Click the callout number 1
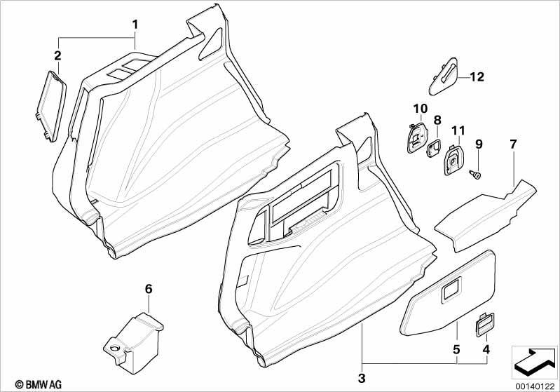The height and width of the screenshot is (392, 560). [x=135, y=25]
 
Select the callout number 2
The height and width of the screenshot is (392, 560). [x=57, y=55]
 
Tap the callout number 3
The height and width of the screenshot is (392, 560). [x=362, y=379]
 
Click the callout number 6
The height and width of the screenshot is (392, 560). [x=148, y=288]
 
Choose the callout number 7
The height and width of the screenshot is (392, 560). [x=513, y=145]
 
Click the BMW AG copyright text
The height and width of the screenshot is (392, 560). [x=25, y=384]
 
